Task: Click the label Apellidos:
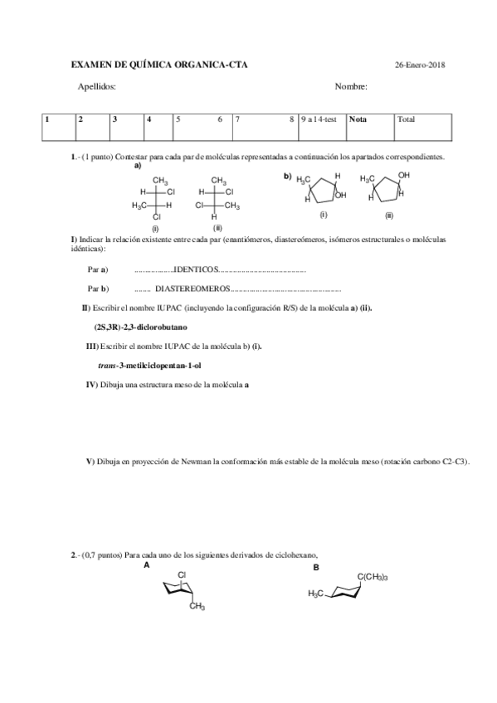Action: [x=96, y=86]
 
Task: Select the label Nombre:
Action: [x=351, y=86]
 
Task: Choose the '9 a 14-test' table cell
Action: [x=322, y=119]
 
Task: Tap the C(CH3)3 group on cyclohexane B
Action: [x=373, y=577]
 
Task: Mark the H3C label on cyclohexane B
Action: [x=317, y=594]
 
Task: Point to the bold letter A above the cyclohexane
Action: [x=146, y=566]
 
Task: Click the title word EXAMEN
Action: [x=91, y=65]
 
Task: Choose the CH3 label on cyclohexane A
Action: [x=197, y=608]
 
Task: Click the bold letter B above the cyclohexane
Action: [x=315, y=568]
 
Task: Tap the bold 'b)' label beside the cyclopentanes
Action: [x=288, y=176]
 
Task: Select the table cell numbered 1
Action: [x=47, y=119]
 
